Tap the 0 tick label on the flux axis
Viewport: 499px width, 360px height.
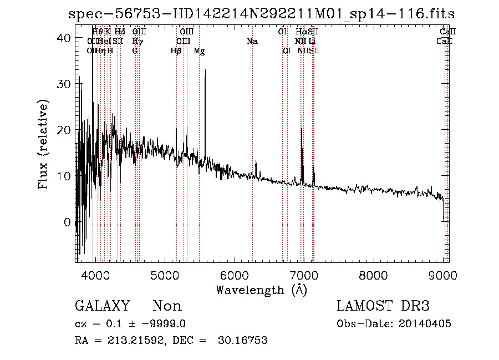pyautogui.click(x=67, y=222)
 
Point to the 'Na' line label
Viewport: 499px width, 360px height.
pyautogui.click(x=252, y=41)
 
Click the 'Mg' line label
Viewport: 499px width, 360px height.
pyautogui.click(x=199, y=50)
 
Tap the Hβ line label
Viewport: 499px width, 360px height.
pyautogui.click(x=176, y=50)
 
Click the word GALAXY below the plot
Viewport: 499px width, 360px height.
pyautogui.click(x=102, y=306)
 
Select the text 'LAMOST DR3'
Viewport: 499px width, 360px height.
pyautogui.click(x=383, y=306)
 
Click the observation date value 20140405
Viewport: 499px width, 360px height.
pyautogui.click(x=427, y=324)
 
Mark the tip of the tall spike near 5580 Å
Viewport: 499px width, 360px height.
pyautogui.click(x=206, y=70)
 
